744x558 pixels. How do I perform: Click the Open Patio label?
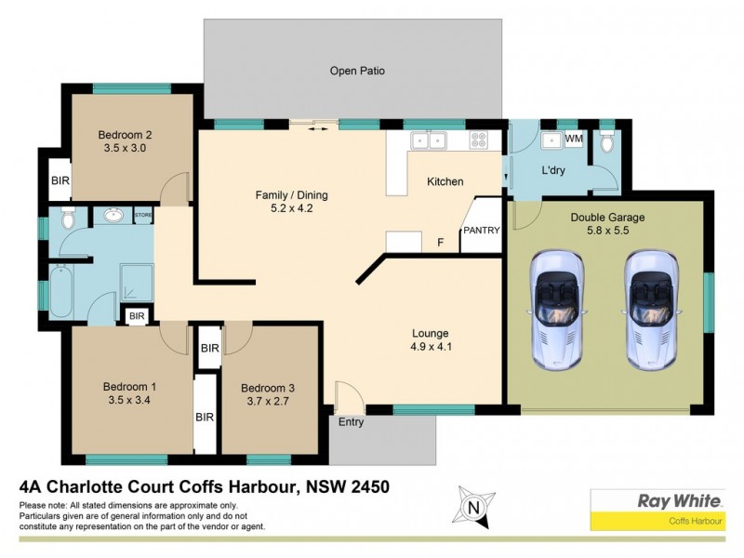[x=357, y=71]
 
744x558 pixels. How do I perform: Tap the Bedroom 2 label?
[x=126, y=134]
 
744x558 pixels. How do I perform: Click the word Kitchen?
[x=445, y=181]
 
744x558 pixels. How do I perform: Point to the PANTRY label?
[x=482, y=230]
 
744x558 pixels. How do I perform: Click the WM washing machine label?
[x=574, y=139]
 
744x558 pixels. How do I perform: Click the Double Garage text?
[x=607, y=218]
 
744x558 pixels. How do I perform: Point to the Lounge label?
[x=431, y=333]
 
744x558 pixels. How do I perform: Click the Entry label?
[x=351, y=422]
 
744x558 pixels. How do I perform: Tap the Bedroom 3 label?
[x=268, y=388]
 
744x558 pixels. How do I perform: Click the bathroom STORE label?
[x=142, y=216]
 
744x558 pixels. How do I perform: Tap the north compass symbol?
[x=472, y=507]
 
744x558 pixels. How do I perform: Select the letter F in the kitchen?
[x=440, y=243]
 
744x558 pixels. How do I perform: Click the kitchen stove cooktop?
[x=479, y=140]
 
